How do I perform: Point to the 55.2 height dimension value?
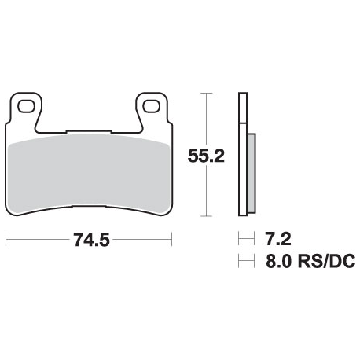pos(206,155)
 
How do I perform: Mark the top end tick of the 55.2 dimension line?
pos(206,93)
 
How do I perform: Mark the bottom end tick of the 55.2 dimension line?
pos(206,216)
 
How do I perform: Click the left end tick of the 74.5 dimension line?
pos(6,241)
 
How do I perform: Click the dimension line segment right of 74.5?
pos(141,241)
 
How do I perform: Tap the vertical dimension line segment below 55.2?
pos(206,193)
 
